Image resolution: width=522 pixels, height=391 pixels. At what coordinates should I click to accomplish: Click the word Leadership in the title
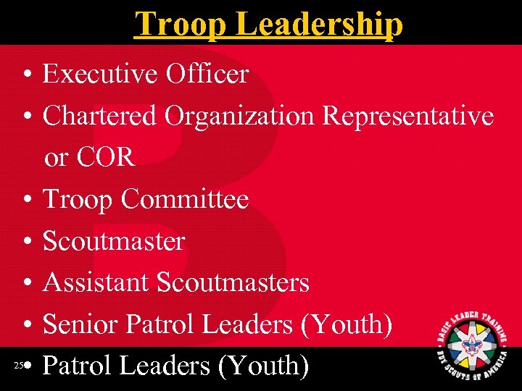coord(320,23)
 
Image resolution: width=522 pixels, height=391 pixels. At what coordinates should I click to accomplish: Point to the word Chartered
coord(99,115)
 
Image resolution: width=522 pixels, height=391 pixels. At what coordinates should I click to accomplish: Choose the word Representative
coord(407,115)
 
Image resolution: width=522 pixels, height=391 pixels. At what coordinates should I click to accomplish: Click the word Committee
coord(184,198)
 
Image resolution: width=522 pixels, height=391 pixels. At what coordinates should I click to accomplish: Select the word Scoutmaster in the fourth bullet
coord(114,240)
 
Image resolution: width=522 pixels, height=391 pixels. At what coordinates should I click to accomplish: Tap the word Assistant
coord(96,282)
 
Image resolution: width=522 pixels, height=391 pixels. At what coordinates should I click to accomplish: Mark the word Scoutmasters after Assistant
coord(233,282)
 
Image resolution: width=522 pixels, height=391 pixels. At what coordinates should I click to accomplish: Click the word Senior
coord(81,324)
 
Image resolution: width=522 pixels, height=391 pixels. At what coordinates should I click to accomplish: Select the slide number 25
coord(18,366)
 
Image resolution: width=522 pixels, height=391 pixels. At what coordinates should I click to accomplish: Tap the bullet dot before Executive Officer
coord(25,75)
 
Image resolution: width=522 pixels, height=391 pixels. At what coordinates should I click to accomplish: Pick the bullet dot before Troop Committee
coord(25,200)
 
